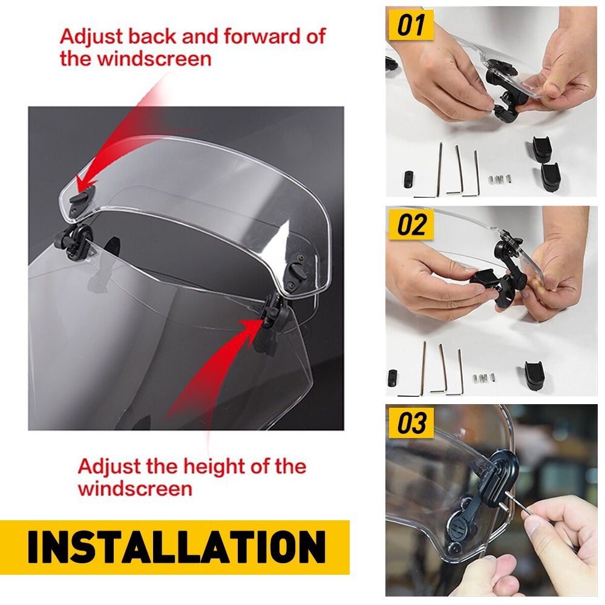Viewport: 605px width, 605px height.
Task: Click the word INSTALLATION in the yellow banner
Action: [x=176, y=547]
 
